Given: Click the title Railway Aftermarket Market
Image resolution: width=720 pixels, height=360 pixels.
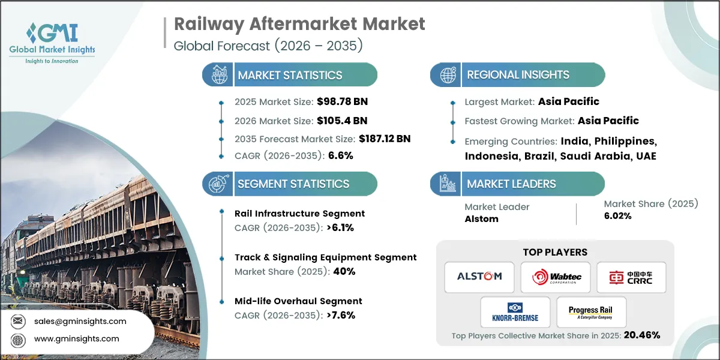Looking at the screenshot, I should pos(299,24).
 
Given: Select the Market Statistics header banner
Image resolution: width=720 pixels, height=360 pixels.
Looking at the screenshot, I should pos(290,75).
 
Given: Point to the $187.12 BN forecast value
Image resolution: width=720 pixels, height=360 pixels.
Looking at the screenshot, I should pos(384,139).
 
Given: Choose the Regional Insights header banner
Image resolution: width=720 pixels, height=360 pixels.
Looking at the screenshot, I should pos(518,75).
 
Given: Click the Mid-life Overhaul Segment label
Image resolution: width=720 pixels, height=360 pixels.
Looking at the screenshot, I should pos(298,301).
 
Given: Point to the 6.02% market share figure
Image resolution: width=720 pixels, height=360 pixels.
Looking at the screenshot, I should pos(617,216).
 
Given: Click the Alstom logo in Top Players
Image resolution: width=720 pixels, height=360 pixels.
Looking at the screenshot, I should pos(479,277).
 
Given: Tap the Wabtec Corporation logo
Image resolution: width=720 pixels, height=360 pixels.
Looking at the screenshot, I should pos(555,277).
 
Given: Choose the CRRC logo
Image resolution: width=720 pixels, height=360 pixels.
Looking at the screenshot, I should pos(631,277).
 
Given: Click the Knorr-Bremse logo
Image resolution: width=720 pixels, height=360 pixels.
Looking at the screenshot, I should pos(515,311).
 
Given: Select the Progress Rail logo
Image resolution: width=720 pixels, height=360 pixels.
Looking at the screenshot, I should pos(591,312).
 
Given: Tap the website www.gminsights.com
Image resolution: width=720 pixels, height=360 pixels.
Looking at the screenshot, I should pos(76,338).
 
